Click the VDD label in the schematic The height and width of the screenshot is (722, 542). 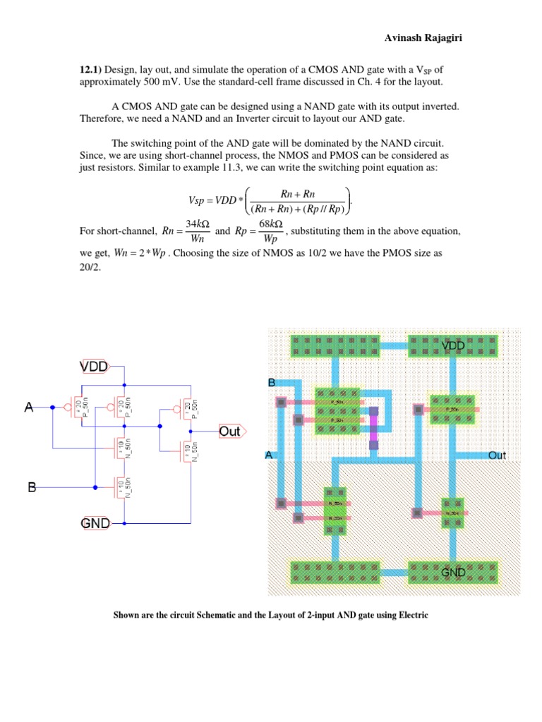coord(94,367)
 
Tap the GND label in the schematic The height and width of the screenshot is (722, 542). coord(95,523)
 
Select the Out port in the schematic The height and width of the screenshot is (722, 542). coord(229,432)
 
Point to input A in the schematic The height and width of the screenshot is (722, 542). coord(29,407)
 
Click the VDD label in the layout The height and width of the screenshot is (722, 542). coord(453,345)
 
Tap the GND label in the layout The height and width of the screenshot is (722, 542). coord(453,573)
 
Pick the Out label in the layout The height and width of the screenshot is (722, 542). coord(497,455)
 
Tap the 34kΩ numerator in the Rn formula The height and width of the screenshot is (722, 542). coord(195,223)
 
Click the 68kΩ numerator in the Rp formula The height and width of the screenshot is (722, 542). coord(272,223)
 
